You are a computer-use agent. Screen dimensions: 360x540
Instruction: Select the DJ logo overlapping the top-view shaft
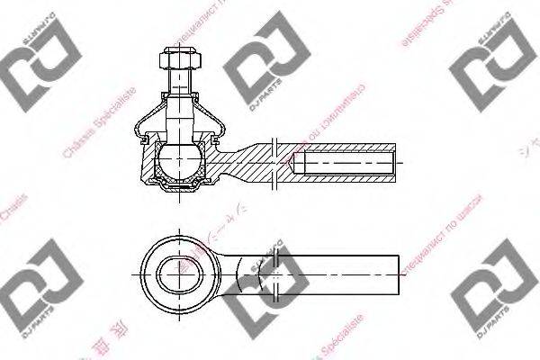tap(270, 270)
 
